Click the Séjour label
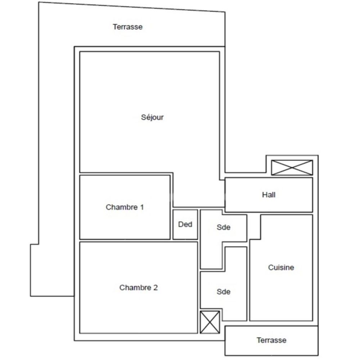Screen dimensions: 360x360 (x=152, y=117)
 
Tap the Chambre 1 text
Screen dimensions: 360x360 (x=125, y=207)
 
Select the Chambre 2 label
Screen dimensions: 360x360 (x=138, y=288)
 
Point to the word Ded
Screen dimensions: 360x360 (x=185, y=224)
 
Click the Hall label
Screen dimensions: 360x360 (x=269, y=195)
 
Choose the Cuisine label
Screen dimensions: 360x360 (x=281, y=267)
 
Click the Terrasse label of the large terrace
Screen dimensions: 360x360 (x=127, y=27)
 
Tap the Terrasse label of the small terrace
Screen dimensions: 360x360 (x=271, y=340)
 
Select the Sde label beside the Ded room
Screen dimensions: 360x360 (x=223, y=228)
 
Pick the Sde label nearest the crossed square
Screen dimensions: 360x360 (x=223, y=292)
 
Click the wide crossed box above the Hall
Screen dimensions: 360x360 (x=292, y=168)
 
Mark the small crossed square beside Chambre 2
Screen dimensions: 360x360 (x=210, y=322)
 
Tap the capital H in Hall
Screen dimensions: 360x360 (x=264, y=195)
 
